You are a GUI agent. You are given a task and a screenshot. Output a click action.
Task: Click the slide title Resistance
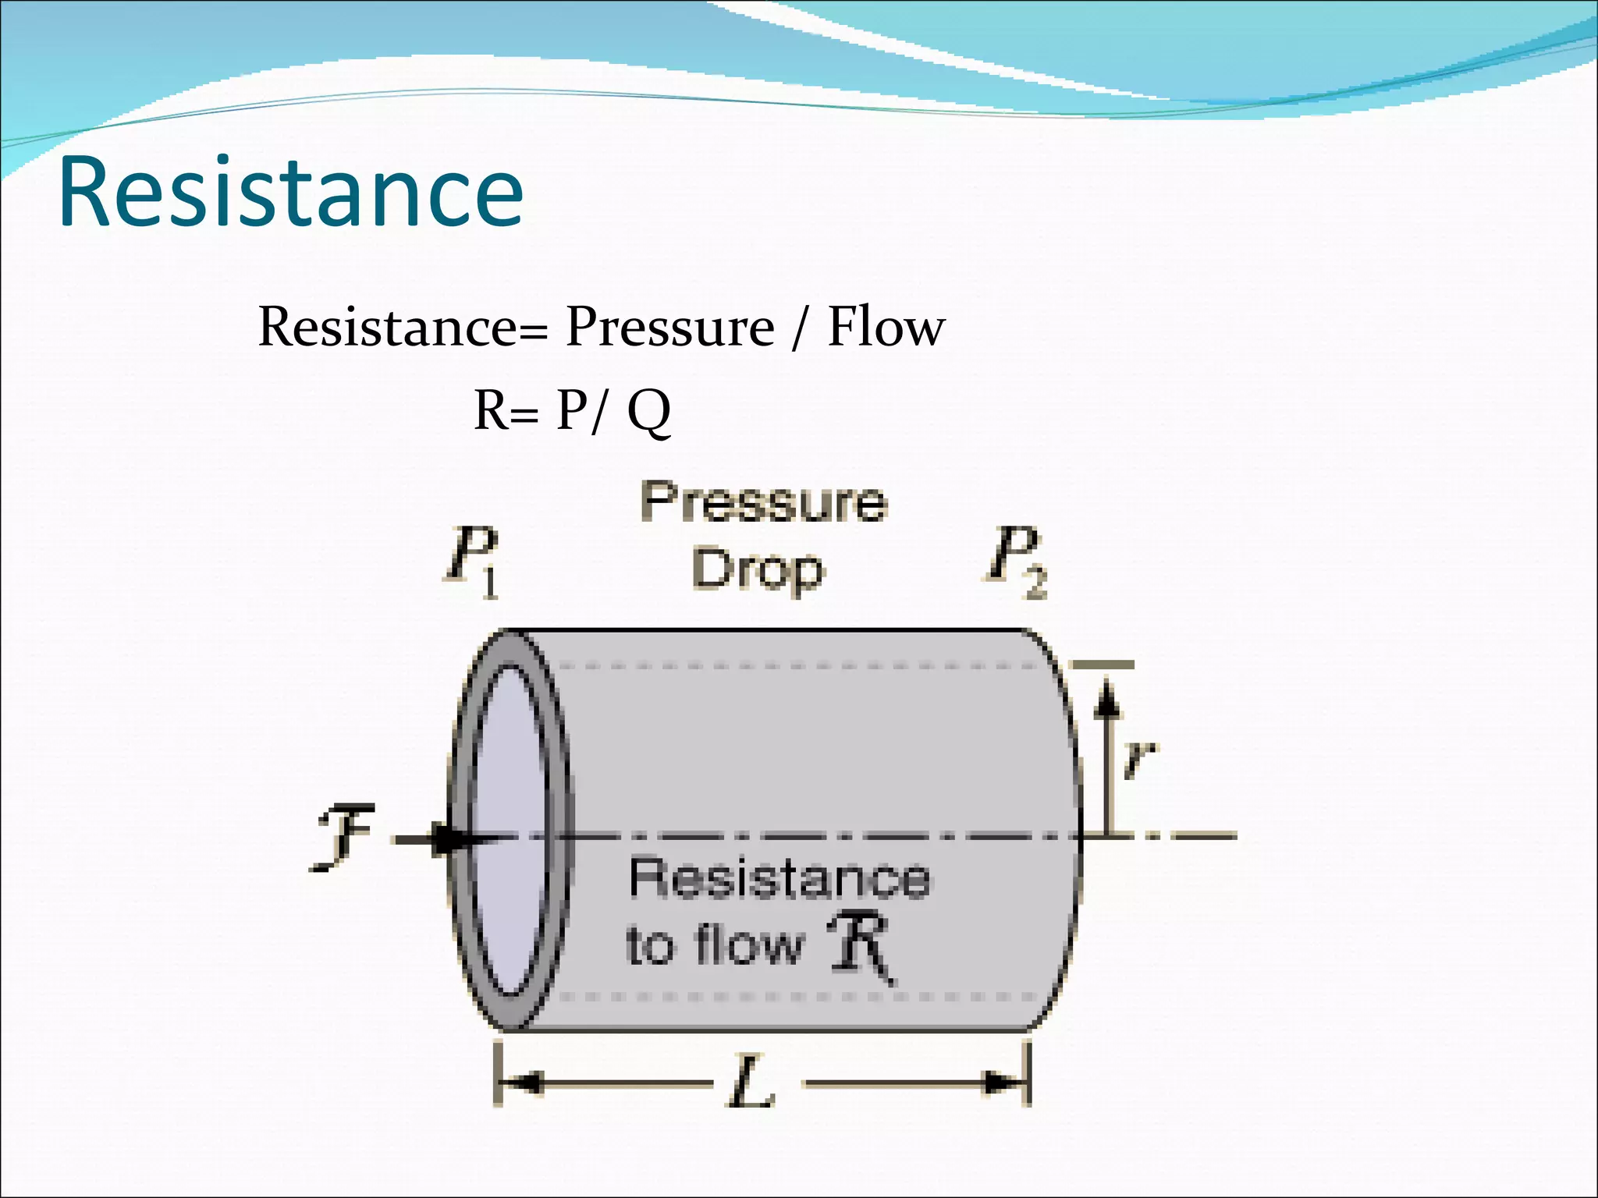click(x=290, y=192)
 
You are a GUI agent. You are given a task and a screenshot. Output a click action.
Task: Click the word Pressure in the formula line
click(x=669, y=328)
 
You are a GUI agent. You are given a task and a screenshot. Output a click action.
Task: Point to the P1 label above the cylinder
click(x=473, y=561)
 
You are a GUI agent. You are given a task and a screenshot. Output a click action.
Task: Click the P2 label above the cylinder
click(x=1014, y=561)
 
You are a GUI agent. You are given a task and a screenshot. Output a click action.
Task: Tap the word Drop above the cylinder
click(x=757, y=571)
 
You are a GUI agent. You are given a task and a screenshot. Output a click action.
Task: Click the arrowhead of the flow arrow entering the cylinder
click(x=453, y=839)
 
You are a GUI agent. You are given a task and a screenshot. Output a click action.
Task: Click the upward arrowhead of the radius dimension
click(x=1106, y=697)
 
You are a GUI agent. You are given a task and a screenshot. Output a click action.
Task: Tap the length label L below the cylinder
click(x=751, y=1083)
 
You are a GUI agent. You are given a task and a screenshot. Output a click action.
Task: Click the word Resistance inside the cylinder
click(x=779, y=879)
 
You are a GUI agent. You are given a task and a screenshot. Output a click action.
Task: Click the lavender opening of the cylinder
click(x=508, y=831)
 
